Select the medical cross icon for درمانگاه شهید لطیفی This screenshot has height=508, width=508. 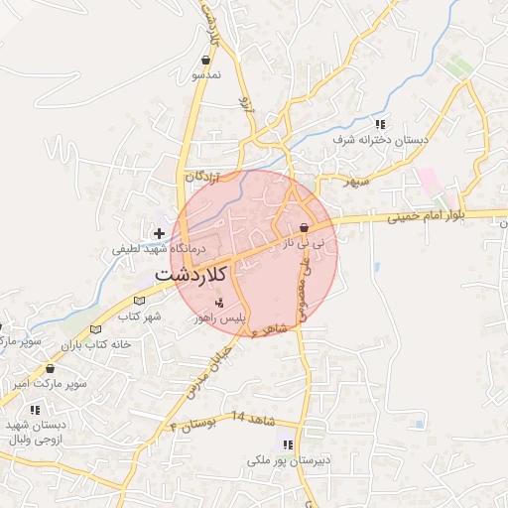coord(159,233)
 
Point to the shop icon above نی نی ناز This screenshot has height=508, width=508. coord(304,228)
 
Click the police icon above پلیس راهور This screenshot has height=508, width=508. coord(220,301)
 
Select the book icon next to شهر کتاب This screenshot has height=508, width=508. coord(139,299)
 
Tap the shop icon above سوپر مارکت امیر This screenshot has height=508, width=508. coord(50,369)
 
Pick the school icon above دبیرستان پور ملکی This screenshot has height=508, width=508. coord(288,444)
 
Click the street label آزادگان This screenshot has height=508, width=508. coord(198,176)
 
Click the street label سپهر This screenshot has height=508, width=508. coord(356,183)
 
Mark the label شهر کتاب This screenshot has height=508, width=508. coord(139,317)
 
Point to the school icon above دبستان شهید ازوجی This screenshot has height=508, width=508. coord(35,409)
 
